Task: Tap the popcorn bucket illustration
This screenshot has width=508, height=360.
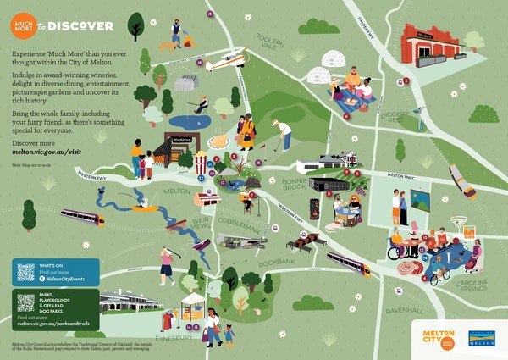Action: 201,161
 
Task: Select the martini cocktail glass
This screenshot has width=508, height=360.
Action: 460,224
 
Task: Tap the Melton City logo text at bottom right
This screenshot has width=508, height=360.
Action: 430,335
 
